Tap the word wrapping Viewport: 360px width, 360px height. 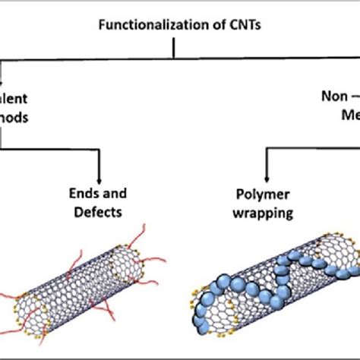(x=263, y=213)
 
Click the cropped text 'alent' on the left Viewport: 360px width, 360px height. (x=17, y=96)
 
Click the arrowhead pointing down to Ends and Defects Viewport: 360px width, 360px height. (x=99, y=175)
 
